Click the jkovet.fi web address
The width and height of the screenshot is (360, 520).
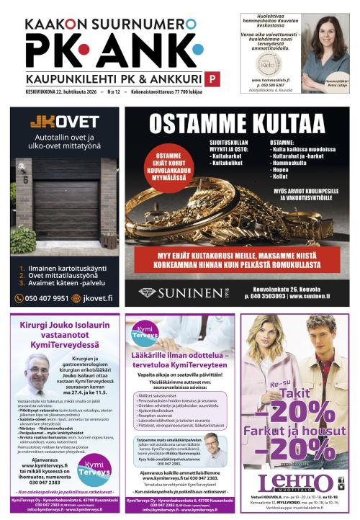pos(94,298)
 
